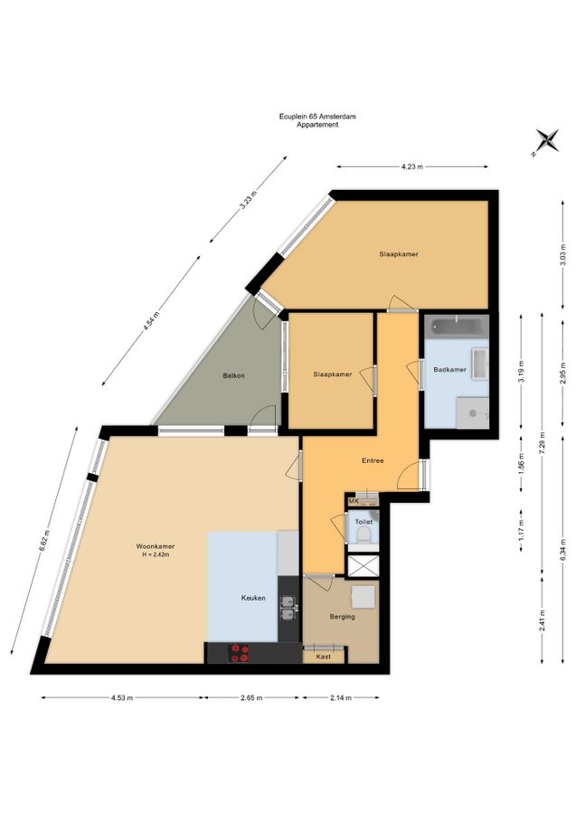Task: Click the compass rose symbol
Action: point(546,141)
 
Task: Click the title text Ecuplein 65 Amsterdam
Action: point(317,117)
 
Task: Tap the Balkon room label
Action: point(233,375)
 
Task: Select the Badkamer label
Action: point(449,370)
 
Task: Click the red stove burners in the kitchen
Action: point(239,652)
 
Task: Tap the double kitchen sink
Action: point(288,609)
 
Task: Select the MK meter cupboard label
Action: point(354,501)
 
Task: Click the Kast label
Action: point(324,657)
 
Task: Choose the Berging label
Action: point(343,617)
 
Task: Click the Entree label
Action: point(373,460)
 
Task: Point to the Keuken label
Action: point(253,598)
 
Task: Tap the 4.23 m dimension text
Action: point(412,166)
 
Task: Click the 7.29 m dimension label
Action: point(543,442)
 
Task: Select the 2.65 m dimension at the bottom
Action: point(251,697)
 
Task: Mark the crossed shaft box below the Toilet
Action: point(364,565)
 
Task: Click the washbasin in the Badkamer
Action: point(479,363)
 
